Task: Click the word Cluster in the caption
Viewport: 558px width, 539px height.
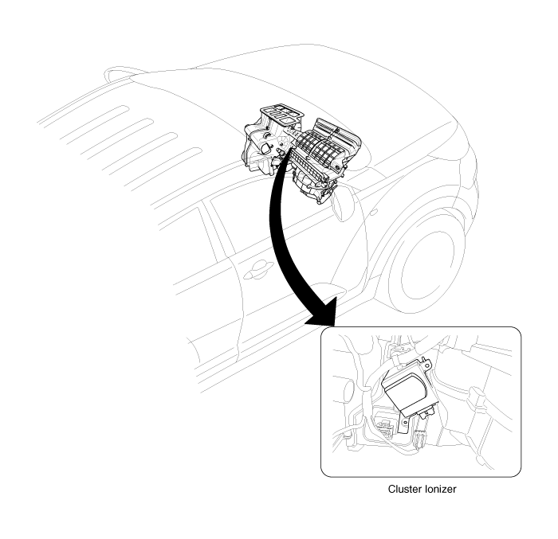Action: click(405, 489)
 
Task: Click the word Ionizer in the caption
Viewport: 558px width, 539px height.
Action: click(441, 489)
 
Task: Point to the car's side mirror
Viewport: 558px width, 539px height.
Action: click(343, 204)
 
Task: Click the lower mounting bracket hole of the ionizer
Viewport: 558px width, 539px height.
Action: click(404, 422)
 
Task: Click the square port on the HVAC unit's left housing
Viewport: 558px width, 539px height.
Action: click(266, 147)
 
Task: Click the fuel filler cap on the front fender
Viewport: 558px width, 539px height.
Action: click(373, 213)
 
